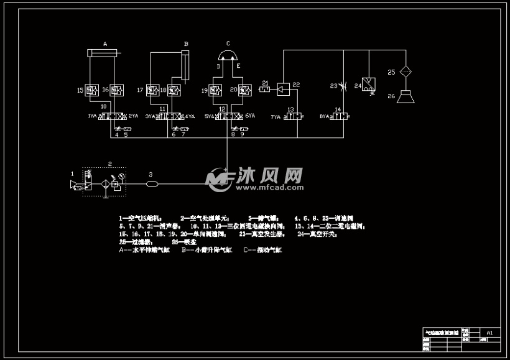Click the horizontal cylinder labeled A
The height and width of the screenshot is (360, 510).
pos(103,53)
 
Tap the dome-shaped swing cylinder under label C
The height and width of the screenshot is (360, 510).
pos(228,57)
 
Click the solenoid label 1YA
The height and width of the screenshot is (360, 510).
pos(93,116)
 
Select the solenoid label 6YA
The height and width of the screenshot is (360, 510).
pos(251,116)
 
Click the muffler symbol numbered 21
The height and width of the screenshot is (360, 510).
pos(264,91)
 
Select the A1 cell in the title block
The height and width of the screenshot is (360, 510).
pos(489,333)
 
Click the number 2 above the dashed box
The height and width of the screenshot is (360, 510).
pos(109,164)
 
